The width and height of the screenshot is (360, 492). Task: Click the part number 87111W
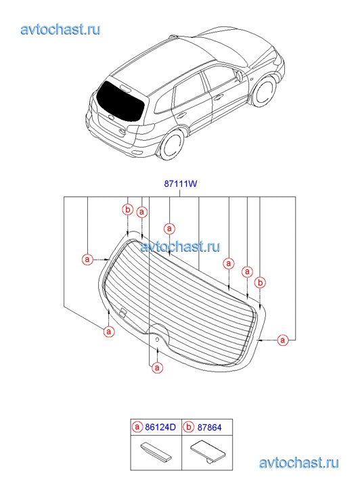pyautogui.click(x=180, y=183)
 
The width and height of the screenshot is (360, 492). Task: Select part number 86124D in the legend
pyautogui.click(x=160, y=427)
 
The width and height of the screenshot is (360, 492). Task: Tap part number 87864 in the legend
pyautogui.click(x=209, y=427)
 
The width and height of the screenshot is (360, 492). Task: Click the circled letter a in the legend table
pyautogui.click(x=137, y=427)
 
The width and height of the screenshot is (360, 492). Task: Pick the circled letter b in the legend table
pyautogui.click(x=188, y=427)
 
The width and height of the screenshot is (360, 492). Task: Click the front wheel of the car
pyautogui.click(x=265, y=91)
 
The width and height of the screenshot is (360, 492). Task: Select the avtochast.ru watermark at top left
pyautogui.click(x=61, y=30)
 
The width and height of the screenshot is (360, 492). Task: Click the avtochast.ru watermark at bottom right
pyautogui.click(x=299, y=463)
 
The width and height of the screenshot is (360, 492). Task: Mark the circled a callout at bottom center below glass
pyautogui.click(x=157, y=367)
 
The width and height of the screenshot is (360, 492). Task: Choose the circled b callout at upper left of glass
pyautogui.click(x=128, y=210)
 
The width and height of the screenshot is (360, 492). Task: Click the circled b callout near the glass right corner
pyautogui.click(x=260, y=283)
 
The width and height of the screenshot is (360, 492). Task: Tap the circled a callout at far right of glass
pyautogui.click(x=283, y=340)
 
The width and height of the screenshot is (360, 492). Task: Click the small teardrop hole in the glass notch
pyautogui.click(x=158, y=340)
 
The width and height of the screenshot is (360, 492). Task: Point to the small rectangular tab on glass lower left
pyautogui.click(x=123, y=313)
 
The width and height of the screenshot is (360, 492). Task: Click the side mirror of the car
pyautogui.click(x=239, y=76)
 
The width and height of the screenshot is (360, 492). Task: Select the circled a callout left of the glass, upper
pyautogui.click(x=87, y=259)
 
